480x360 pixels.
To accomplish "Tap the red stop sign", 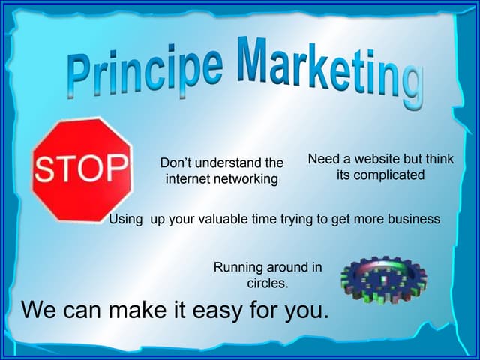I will (82, 169).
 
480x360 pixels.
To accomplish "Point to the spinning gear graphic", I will (383, 280).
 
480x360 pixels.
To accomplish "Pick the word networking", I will (246, 179).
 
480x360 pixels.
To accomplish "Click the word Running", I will (239, 267).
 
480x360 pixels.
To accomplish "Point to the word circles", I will (268, 283).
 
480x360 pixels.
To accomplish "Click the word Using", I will (126, 220).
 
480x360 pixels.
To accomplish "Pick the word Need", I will (324, 159).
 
